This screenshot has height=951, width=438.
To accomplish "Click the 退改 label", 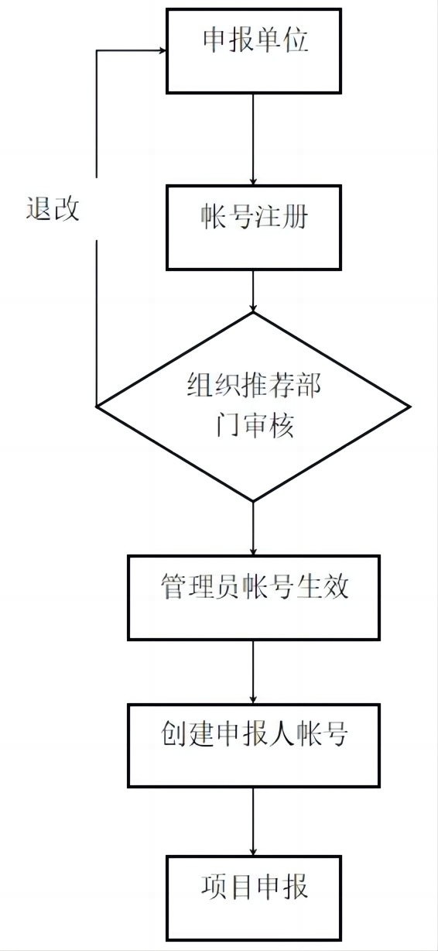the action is [53, 208].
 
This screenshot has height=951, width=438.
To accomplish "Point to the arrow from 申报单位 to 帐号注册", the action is [253, 139].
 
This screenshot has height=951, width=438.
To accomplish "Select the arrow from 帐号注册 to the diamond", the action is [253, 291].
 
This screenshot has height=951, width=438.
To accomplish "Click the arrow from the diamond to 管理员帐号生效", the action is [253, 528].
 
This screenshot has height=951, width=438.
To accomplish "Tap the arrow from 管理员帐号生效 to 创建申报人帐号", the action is [253, 672].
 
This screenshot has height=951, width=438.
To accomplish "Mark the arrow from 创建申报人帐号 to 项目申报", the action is [253, 822].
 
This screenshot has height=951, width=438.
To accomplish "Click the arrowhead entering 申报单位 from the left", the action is [163, 50].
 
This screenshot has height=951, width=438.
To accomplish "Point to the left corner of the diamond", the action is [97, 407].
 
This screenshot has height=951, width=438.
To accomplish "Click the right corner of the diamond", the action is [410, 407].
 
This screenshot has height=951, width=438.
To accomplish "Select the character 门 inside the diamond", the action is [227, 424].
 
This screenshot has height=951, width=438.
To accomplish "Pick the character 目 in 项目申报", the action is [241, 886].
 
